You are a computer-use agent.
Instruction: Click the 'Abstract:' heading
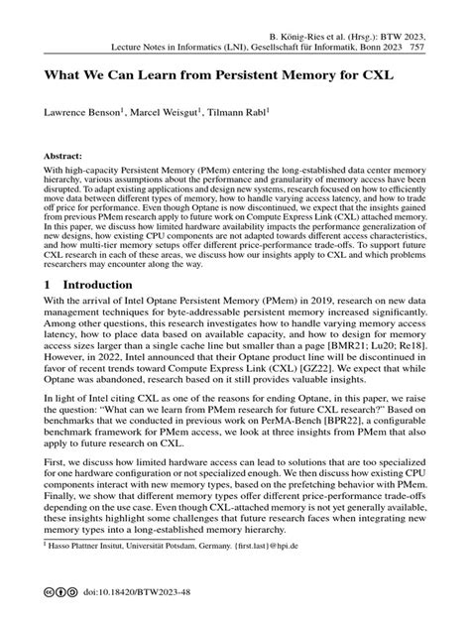point(59,157)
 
